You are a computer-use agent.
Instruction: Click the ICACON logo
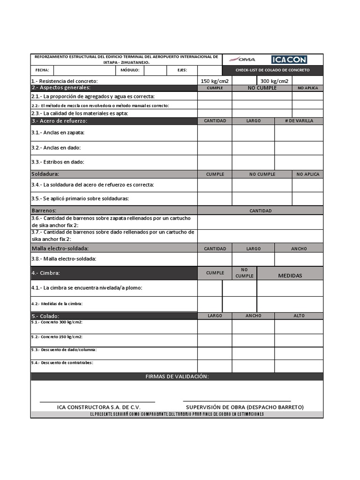pos(289,59)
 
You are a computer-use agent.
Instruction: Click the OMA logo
pos(242,59)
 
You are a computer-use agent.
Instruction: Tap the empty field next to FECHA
pos(84,70)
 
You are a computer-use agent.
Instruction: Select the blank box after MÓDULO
pos(155,70)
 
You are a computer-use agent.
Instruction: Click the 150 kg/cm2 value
pos(214,81)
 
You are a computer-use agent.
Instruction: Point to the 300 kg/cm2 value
pos(274,81)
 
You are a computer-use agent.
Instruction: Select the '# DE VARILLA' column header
pos(299,121)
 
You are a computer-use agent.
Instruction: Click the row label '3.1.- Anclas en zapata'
pos(61,133)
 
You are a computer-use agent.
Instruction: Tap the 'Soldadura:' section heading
pos(45,174)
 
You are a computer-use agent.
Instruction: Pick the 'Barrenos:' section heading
pos(44,210)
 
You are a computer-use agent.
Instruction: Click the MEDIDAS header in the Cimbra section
pos(290,276)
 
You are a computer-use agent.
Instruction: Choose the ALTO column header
pos(299,316)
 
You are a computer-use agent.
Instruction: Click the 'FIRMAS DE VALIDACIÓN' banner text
pos(177,377)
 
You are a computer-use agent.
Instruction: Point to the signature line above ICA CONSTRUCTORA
pos(97,402)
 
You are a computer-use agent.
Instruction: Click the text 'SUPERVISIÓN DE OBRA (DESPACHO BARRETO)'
pos(245,407)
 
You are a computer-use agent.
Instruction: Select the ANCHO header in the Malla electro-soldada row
pos(299,248)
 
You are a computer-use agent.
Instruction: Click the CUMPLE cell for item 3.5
pos(215,199)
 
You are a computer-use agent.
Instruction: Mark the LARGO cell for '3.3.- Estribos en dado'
pos(253,162)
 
